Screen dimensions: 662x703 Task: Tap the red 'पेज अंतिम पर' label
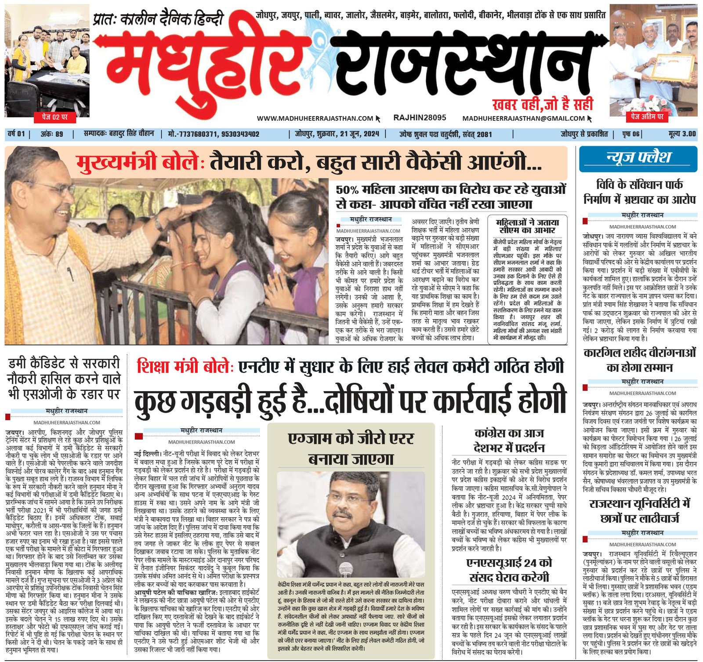647,116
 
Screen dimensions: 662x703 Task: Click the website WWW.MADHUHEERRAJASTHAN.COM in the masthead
315,118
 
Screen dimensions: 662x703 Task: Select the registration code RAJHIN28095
420,118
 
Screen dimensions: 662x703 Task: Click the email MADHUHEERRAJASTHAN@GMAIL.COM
523,118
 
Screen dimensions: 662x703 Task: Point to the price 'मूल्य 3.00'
682,134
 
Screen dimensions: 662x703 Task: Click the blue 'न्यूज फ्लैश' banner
638,158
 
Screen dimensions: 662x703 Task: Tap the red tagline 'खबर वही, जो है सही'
543,104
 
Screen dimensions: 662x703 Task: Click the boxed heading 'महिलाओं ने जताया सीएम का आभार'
527,226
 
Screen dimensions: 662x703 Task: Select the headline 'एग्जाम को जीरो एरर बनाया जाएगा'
351,448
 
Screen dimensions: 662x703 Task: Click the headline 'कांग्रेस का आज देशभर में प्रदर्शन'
509,440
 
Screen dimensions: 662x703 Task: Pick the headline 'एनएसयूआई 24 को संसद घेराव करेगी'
509,570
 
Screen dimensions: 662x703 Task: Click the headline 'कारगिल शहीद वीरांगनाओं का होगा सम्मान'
640,360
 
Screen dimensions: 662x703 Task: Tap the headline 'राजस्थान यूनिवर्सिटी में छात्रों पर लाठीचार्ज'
640,511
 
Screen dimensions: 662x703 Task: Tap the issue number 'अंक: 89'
52,134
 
